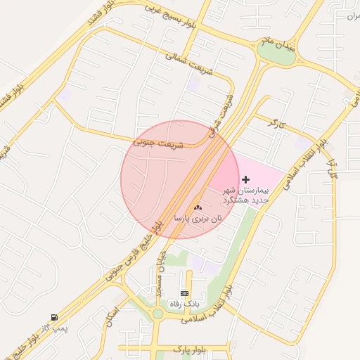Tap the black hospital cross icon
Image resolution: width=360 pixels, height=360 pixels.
[245, 180]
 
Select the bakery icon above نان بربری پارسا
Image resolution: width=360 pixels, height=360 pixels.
[197, 207]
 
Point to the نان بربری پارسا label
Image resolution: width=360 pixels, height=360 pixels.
[198, 219]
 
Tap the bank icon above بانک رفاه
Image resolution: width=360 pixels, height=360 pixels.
[184, 292]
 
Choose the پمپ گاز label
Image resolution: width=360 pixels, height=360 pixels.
[54, 328]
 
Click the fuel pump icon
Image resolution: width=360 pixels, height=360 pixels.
[54, 318]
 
